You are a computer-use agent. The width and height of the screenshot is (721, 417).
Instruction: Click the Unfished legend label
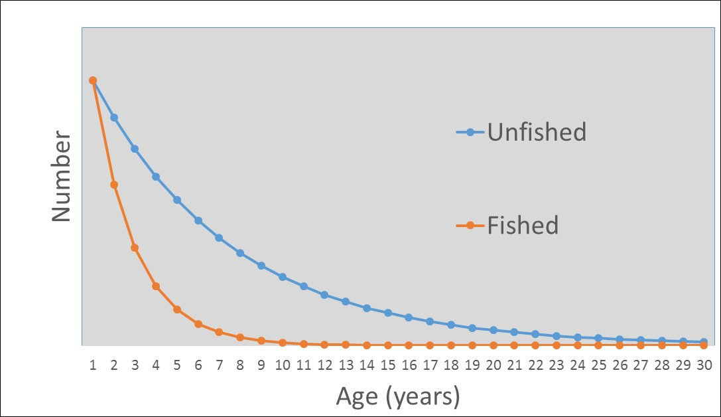(x=537, y=132)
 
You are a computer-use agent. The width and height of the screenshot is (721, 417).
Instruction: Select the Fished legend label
(x=523, y=226)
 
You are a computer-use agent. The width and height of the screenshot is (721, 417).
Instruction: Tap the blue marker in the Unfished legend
(x=470, y=132)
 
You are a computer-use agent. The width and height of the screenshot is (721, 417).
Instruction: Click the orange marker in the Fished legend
(x=470, y=226)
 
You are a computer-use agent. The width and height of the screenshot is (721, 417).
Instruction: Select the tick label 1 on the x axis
(x=93, y=364)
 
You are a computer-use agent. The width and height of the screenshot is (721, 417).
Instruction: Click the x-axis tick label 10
(x=283, y=364)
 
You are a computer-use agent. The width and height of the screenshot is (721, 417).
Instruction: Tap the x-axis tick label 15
(x=388, y=364)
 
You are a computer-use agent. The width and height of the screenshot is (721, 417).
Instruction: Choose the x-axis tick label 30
(x=704, y=364)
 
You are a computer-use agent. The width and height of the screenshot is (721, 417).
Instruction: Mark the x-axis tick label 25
(x=598, y=364)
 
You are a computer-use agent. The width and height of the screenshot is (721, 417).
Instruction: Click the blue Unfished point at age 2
(x=114, y=118)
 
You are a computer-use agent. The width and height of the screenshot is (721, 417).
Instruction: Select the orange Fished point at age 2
(x=114, y=185)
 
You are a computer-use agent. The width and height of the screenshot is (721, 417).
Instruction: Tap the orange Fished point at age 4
(x=156, y=286)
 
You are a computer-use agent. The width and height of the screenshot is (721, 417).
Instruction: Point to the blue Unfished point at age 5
(x=177, y=200)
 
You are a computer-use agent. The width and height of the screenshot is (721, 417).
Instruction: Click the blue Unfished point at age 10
(x=283, y=277)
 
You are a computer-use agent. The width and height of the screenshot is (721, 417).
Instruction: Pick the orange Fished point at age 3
(x=135, y=248)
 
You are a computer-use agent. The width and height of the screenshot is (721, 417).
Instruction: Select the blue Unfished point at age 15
(x=388, y=313)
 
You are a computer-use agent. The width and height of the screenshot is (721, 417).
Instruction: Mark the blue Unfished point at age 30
(x=704, y=342)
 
